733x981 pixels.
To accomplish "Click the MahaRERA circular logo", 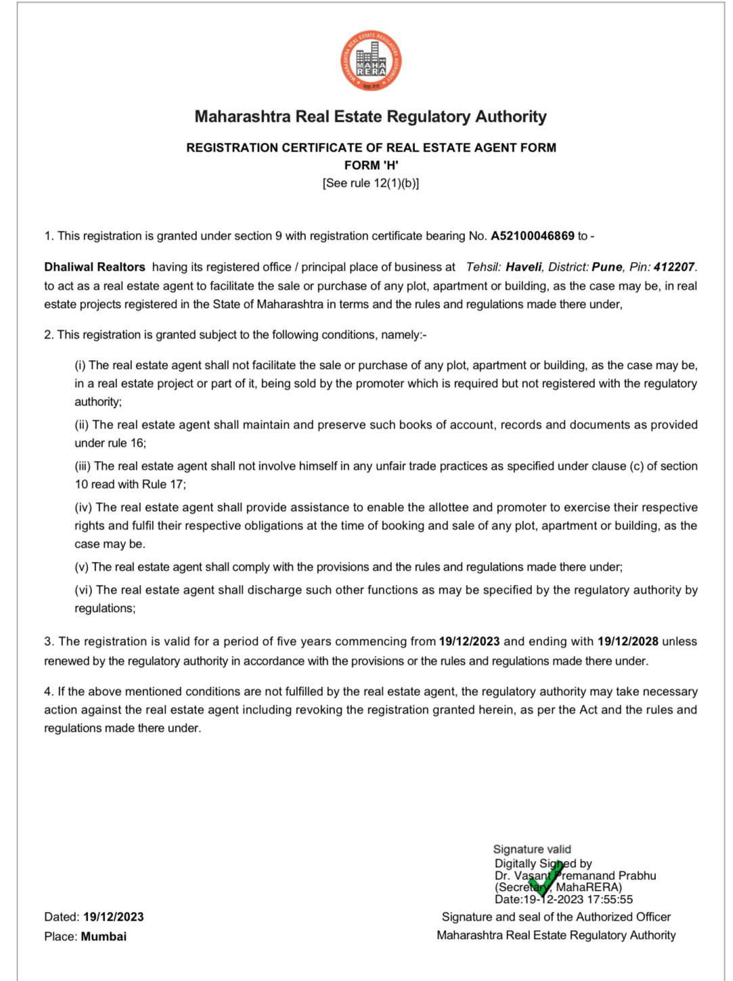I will coord(371,61).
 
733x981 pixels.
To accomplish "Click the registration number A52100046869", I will coord(532,236).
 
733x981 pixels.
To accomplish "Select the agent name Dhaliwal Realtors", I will coord(95,267).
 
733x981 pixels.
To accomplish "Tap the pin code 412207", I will coord(674,267).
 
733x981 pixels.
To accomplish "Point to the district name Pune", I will coord(607,267).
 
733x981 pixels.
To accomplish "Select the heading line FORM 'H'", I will coord(371,165).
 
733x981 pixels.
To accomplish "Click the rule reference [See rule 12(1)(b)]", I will coord(371,183).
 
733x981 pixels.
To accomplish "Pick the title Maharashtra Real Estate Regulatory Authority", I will coord(370,116).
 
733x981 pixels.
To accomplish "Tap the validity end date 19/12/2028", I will coord(627,641).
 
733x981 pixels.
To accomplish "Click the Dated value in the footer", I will coord(113,917).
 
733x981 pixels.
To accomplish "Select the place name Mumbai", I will coord(104,936).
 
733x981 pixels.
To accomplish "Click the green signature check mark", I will coord(547,879).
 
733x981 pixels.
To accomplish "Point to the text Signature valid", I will coord(532,849).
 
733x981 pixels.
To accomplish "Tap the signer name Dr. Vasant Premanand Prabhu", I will coord(575,875).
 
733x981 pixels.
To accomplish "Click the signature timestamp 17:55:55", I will coord(610,899).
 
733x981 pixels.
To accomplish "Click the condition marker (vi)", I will coord(83,590).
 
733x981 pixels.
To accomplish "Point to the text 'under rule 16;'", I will coord(110,443).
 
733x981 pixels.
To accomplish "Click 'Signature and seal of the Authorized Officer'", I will coord(556,917).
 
